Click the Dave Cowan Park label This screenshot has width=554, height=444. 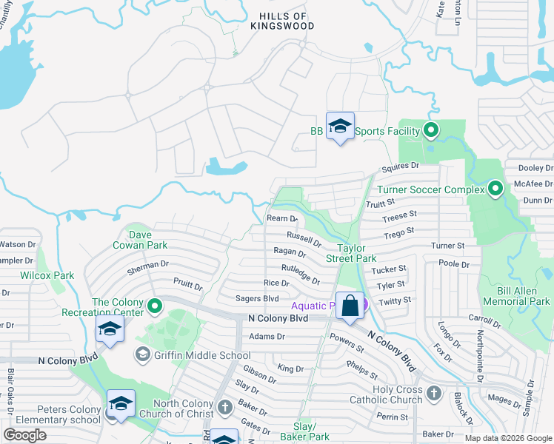coord(140,239)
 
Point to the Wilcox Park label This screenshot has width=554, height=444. coord(47,275)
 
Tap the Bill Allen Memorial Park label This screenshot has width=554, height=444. coord(516,296)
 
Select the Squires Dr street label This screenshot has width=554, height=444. coord(400,168)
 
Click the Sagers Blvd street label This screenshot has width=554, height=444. coord(256,298)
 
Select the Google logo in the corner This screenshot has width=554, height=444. coord(25,435)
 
